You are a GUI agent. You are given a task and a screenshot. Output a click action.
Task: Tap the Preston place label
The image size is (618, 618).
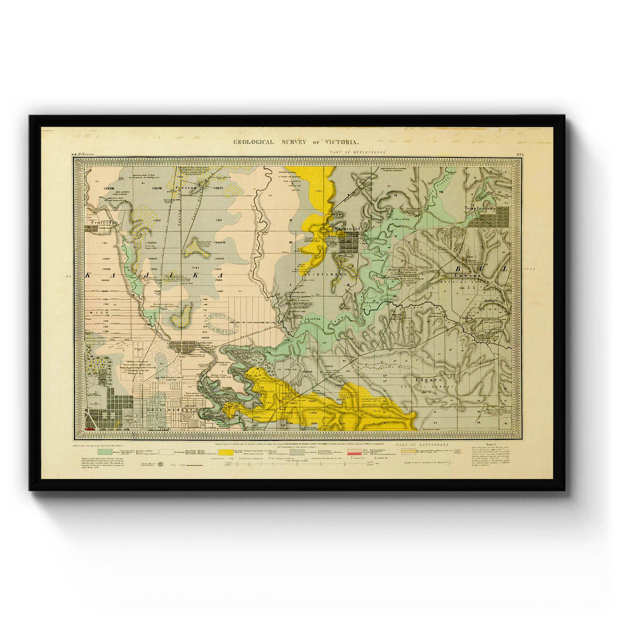[x=184, y=188]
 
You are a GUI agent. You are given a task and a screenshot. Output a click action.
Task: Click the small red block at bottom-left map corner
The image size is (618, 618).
[x=91, y=428]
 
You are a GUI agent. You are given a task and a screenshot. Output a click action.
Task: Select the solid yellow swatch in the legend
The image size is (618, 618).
[x=219, y=452]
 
